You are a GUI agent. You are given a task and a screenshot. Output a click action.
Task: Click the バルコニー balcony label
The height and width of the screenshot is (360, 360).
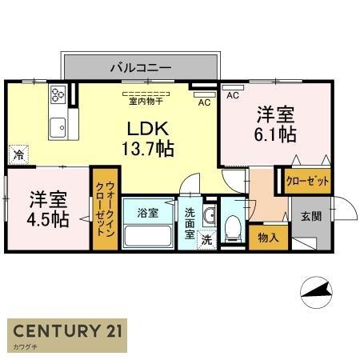click(140, 68)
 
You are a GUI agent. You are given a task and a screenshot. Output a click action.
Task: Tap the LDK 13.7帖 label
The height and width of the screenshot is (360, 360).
click(148, 138)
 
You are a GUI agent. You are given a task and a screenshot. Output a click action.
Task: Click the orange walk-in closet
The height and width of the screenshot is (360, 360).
click(104, 210)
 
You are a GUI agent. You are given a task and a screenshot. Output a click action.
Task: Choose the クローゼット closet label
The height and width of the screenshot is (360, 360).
click(308, 182)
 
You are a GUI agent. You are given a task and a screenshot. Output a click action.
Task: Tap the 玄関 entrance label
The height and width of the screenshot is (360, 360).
click(310, 215)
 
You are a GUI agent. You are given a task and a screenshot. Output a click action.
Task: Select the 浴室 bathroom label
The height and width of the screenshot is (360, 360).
click(147, 213)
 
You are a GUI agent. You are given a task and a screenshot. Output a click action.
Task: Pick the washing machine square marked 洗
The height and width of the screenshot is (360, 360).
click(206, 239)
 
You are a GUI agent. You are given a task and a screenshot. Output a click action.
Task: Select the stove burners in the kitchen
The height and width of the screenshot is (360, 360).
click(58, 94)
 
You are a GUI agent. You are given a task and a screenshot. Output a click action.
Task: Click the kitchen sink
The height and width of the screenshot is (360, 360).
click(58, 126)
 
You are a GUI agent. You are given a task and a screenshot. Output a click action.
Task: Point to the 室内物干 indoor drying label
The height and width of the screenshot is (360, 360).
click(146, 101)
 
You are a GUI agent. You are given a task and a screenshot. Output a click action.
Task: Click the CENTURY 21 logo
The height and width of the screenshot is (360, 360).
click(66, 332)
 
